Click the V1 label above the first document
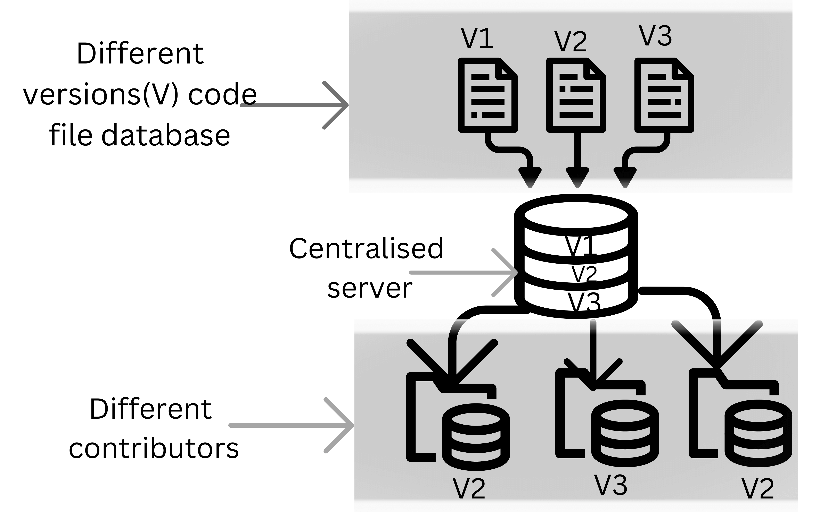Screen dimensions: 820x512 (x=477, y=38)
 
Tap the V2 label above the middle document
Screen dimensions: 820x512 (x=571, y=41)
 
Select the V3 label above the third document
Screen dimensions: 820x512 (x=655, y=36)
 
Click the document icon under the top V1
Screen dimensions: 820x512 (x=488, y=95)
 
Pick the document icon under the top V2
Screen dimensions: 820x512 (x=576, y=95)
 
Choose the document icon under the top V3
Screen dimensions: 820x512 (x=664, y=95)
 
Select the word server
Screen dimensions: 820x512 (x=370, y=289)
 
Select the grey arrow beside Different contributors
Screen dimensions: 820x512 (x=291, y=425)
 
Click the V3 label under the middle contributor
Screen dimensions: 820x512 (x=611, y=485)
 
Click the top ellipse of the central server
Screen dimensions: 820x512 (x=576, y=215)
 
